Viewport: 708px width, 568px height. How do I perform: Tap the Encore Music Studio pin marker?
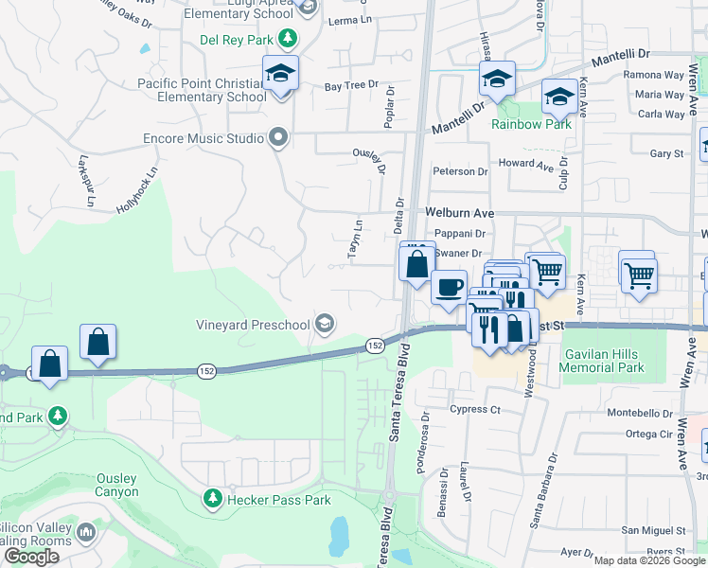277,138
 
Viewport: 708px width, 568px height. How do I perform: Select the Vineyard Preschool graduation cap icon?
325,325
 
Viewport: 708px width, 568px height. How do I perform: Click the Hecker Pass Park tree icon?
213,498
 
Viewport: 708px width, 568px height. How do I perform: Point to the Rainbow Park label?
531,124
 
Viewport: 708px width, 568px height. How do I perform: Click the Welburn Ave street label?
460,214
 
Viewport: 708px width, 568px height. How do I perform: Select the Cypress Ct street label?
475,409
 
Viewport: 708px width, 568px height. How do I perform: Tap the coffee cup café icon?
449,285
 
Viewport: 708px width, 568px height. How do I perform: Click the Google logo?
31,557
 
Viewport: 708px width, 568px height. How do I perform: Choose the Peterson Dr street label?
460,171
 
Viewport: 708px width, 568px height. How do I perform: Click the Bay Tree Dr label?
351,86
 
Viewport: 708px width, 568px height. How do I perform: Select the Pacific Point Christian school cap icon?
280,73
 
